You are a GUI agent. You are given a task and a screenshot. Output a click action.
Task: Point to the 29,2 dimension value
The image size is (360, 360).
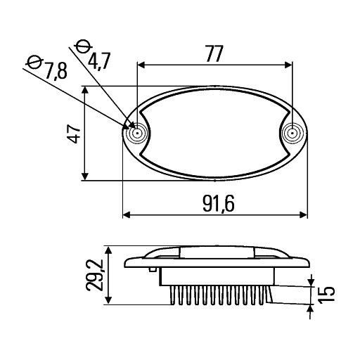(x=95, y=275)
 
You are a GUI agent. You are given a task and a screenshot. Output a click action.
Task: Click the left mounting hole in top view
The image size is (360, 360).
(x=137, y=132)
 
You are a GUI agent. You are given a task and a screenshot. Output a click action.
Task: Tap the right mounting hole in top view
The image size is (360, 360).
(x=290, y=132)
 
